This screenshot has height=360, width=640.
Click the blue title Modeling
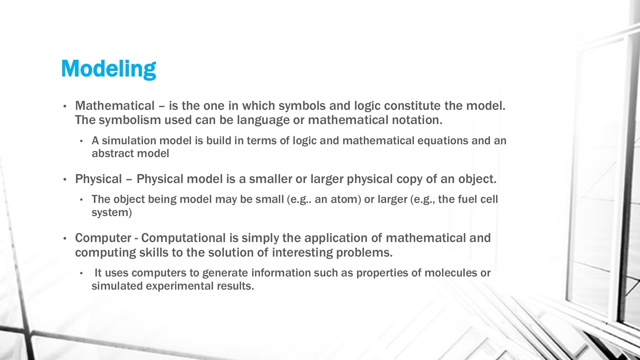[x=109, y=69]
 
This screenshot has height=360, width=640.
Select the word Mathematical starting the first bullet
[x=115, y=106]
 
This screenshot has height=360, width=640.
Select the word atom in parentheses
[x=345, y=199]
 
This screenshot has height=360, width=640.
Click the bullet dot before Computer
[x=65, y=238]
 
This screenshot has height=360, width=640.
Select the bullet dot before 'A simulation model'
[x=81, y=141]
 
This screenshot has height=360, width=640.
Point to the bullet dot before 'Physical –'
[x=65, y=179]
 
